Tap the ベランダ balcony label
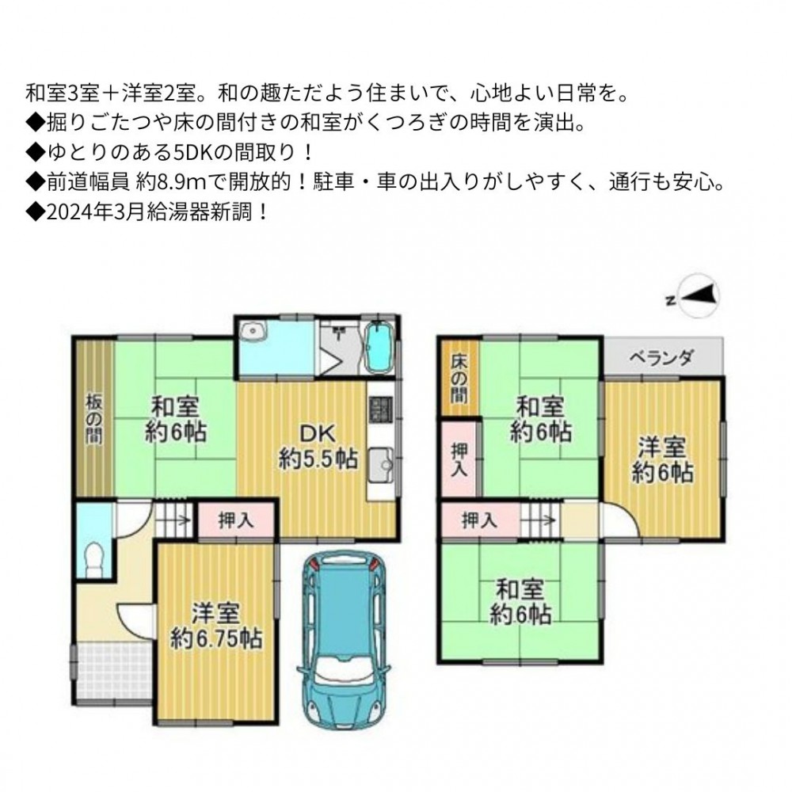(x=661, y=358)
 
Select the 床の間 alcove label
(x=459, y=378)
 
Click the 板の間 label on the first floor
(x=94, y=419)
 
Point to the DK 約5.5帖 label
(x=318, y=446)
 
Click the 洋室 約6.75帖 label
(x=215, y=626)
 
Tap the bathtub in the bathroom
(x=379, y=348)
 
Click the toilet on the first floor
(x=93, y=559)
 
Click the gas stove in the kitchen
(x=381, y=409)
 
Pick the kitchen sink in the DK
(x=380, y=465)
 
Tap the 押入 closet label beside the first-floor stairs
(x=236, y=520)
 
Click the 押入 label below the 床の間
(x=459, y=459)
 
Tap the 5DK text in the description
(x=194, y=152)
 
